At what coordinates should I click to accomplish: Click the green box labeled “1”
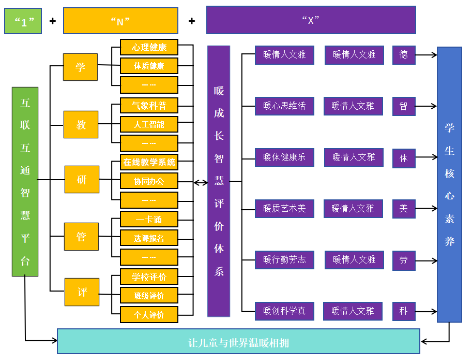[x=23, y=21]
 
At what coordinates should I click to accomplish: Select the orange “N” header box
[x=120, y=21]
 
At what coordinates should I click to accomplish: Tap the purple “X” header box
[x=311, y=20]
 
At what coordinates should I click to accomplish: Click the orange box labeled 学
[x=80, y=67]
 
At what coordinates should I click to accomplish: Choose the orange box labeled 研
[x=82, y=179]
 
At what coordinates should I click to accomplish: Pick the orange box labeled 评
[x=82, y=292]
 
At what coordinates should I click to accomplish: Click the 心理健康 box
[x=149, y=47]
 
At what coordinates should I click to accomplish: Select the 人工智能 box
[x=149, y=124]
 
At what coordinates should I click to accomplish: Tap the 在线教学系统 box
[x=149, y=162]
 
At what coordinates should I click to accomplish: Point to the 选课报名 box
[x=149, y=238]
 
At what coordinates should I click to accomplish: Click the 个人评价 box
[x=149, y=314]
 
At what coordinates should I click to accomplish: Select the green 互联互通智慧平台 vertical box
[x=25, y=181]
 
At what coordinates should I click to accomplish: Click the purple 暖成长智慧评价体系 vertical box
[x=219, y=181]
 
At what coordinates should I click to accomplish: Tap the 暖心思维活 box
[x=284, y=106]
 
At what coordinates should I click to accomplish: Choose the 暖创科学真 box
[x=284, y=311]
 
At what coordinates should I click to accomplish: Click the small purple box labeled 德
[x=403, y=54]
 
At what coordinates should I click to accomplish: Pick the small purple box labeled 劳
[x=403, y=260]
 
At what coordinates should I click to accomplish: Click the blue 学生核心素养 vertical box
[x=449, y=184]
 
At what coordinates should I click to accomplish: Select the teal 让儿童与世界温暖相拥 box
[x=238, y=342]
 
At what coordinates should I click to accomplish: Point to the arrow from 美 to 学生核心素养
[x=426, y=209]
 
